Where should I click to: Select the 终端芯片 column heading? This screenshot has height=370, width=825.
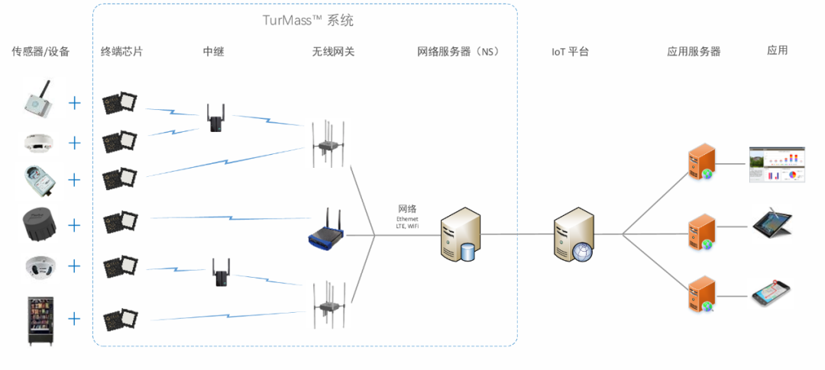(121, 52)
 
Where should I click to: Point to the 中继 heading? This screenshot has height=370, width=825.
(213, 52)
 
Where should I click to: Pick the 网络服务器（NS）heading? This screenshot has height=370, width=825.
(458, 52)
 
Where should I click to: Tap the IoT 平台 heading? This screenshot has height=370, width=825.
(570, 52)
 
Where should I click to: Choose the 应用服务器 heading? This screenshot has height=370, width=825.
(694, 52)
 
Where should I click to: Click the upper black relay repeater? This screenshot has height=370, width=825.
(214, 117)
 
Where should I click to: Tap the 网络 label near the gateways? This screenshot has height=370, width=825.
(407, 208)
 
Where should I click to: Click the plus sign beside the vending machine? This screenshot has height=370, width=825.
(74, 318)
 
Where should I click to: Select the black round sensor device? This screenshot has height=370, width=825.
(39, 224)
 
